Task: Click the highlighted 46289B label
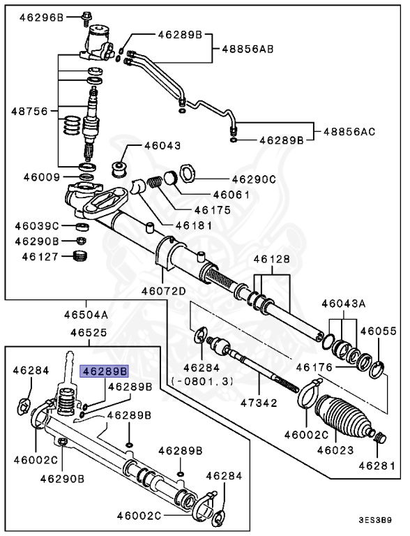105,371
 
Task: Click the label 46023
334,449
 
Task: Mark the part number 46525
87,334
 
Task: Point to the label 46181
192,225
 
